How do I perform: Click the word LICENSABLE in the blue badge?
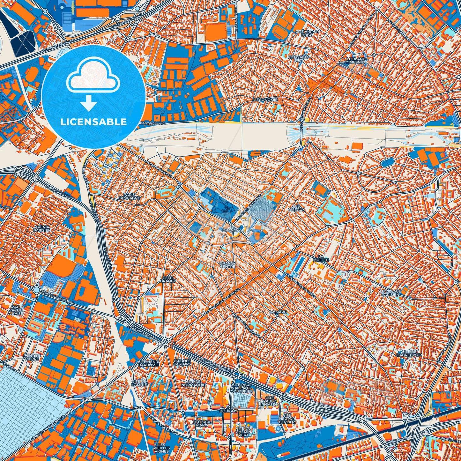point(93,122)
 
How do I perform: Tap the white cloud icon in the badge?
point(93,77)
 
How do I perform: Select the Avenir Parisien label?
point(42,228)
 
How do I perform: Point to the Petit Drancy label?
point(168,279)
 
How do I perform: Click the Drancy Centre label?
point(227,265)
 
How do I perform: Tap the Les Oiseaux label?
point(296,208)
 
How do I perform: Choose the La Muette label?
point(321,258)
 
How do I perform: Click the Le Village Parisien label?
point(390,293)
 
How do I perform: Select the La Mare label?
point(278,312)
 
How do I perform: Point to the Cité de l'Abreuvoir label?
point(409,353)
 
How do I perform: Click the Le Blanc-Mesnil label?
point(357,61)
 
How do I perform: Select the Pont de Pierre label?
point(32,357)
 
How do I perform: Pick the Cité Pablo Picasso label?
point(270,401)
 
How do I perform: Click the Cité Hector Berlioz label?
point(287,419)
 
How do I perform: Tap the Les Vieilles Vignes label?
point(164,448)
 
